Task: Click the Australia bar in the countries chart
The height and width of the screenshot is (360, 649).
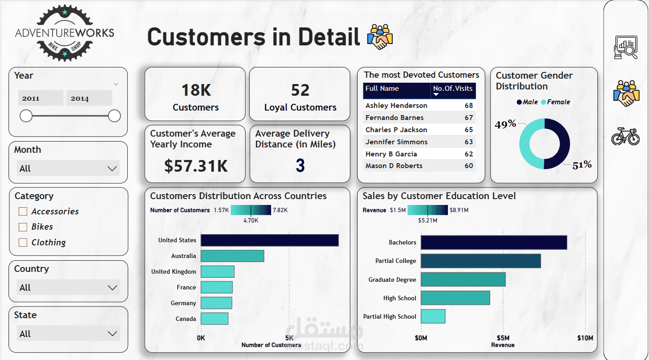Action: (x=232, y=256)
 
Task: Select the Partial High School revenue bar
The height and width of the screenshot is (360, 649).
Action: (x=433, y=316)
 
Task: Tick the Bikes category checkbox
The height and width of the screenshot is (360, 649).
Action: (x=23, y=227)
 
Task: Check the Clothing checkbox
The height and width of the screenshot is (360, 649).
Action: (x=23, y=243)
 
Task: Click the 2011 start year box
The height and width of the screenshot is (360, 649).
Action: (x=40, y=98)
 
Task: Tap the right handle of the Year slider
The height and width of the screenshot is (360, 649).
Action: (x=115, y=116)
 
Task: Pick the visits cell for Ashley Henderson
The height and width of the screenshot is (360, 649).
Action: (x=469, y=106)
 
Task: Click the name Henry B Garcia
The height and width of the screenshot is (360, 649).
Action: (x=391, y=154)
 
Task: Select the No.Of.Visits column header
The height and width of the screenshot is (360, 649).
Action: (x=452, y=89)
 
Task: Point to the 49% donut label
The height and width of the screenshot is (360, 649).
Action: (x=505, y=124)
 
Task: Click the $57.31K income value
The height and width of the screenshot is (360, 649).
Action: (x=196, y=166)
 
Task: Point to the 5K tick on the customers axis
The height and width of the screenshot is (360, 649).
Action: (x=289, y=338)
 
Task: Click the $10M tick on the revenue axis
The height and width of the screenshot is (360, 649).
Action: (x=585, y=338)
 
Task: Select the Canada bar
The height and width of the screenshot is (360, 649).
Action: (x=215, y=319)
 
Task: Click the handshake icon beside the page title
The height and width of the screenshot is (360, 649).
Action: (x=380, y=37)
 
